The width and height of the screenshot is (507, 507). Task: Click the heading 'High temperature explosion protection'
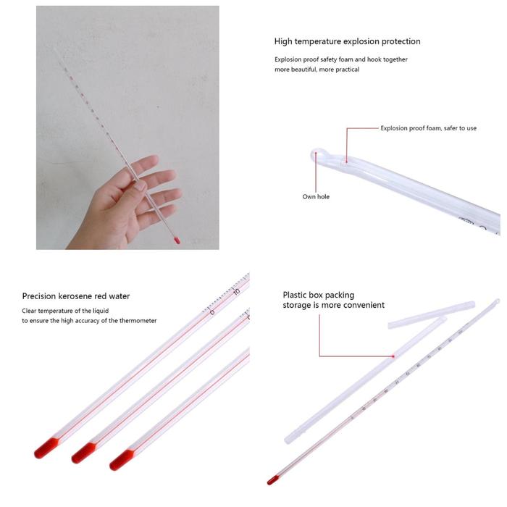[347, 41]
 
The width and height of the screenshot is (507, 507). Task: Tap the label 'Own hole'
[316, 196]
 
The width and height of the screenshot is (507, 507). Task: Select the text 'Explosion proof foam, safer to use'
[428, 128]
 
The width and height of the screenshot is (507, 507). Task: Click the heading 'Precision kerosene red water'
[76, 296]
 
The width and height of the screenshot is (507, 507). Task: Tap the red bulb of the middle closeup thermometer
[83, 453]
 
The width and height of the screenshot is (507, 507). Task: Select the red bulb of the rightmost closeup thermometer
[121, 460]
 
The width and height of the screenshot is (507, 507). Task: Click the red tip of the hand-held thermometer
[177, 240]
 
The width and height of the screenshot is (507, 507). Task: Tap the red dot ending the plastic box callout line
[393, 356]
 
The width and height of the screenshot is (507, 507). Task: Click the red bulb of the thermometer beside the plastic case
[272, 479]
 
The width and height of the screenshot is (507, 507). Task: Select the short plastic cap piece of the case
[431, 315]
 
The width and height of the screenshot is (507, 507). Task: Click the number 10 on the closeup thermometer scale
[236, 292]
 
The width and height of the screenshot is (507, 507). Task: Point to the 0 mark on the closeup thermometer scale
[211, 312]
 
